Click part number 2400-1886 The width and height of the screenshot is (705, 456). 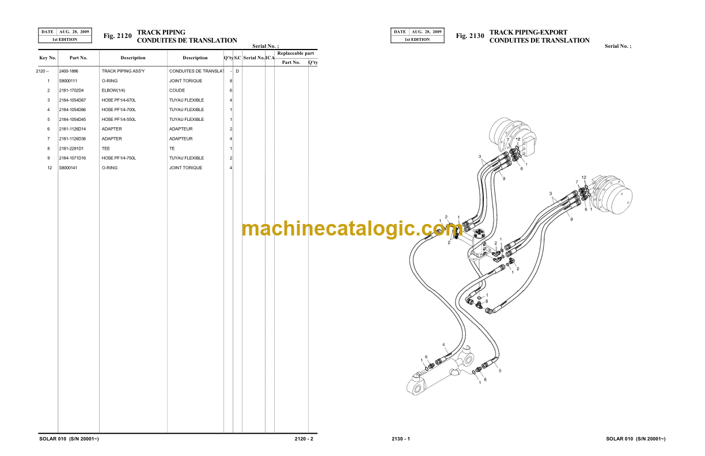point(69,71)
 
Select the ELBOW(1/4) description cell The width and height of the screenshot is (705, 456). point(113,90)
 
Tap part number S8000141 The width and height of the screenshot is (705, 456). point(68,168)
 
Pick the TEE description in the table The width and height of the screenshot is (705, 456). point(106,149)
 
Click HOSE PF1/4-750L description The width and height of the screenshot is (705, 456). point(119,158)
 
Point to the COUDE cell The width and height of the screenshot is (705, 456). point(177,90)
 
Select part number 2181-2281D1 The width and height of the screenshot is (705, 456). point(71,149)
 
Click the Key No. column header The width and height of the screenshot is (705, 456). point(48,58)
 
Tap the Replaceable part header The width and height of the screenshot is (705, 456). point(295,53)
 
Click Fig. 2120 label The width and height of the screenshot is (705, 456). point(117,36)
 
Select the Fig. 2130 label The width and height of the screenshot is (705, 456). point(470,36)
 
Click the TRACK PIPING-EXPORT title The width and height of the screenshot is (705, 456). point(528,32)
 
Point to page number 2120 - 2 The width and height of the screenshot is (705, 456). point(304,439)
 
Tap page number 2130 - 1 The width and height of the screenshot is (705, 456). point(401,439)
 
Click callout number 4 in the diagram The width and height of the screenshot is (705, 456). point(444,345)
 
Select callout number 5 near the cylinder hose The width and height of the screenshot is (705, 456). point(500,371)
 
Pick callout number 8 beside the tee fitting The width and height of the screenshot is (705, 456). point(487,301)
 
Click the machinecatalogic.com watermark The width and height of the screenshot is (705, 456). point(352,229)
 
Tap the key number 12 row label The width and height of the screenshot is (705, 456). point(50,168)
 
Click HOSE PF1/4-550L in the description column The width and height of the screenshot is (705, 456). point(119,120)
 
